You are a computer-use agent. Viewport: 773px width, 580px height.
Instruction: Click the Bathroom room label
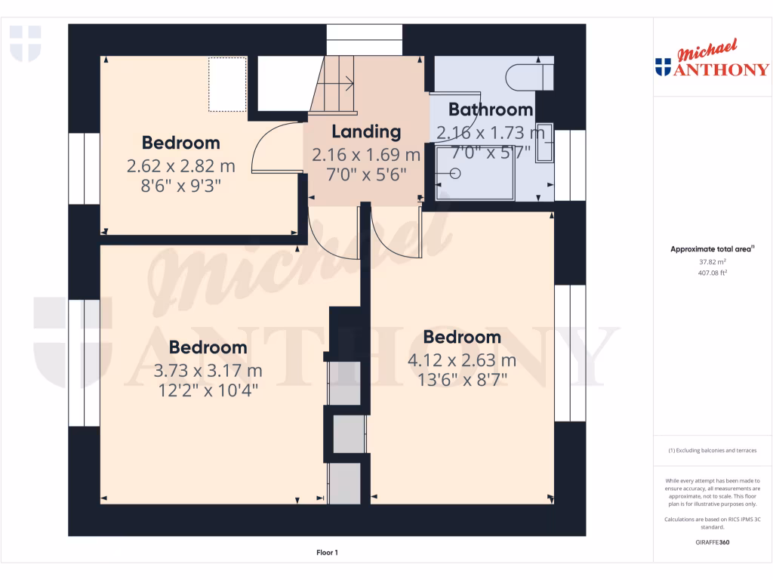(x=491, y=110)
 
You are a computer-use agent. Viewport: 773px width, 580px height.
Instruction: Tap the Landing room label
(x=366, y=131)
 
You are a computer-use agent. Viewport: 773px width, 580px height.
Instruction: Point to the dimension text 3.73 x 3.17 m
(x=208, y=371)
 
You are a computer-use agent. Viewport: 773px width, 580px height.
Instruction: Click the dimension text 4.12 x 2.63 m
(x=462, y=360)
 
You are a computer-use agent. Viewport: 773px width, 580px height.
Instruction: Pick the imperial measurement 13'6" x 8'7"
(x=462, y=380)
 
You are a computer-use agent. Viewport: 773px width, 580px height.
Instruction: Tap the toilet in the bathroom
(x=531, y=76)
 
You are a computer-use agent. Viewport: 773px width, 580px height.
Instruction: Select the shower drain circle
(x=455, y=173)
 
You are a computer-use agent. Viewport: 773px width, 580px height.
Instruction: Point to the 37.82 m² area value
(x=712, y=262)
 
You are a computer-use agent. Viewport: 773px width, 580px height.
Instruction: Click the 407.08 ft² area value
(x=712, y=273)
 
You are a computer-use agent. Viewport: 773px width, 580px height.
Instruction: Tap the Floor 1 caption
(x=326, y=553)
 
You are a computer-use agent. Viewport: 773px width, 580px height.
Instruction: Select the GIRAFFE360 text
(x=712, y=542)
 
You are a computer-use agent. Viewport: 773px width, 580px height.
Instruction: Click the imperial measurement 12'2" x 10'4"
(x=208, y=390)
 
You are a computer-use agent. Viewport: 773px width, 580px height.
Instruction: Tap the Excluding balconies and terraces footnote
(x=712, y=450)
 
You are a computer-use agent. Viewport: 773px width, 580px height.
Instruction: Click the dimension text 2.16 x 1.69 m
(x=366, y=155)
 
